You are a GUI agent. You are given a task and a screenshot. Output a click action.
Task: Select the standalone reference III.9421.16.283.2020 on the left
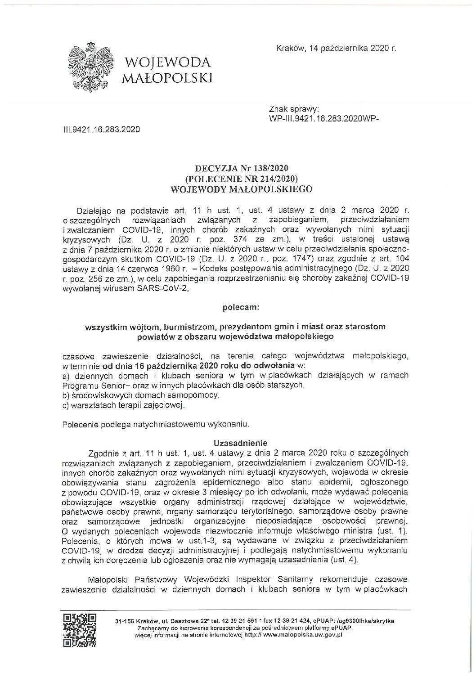pos(101,129)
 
